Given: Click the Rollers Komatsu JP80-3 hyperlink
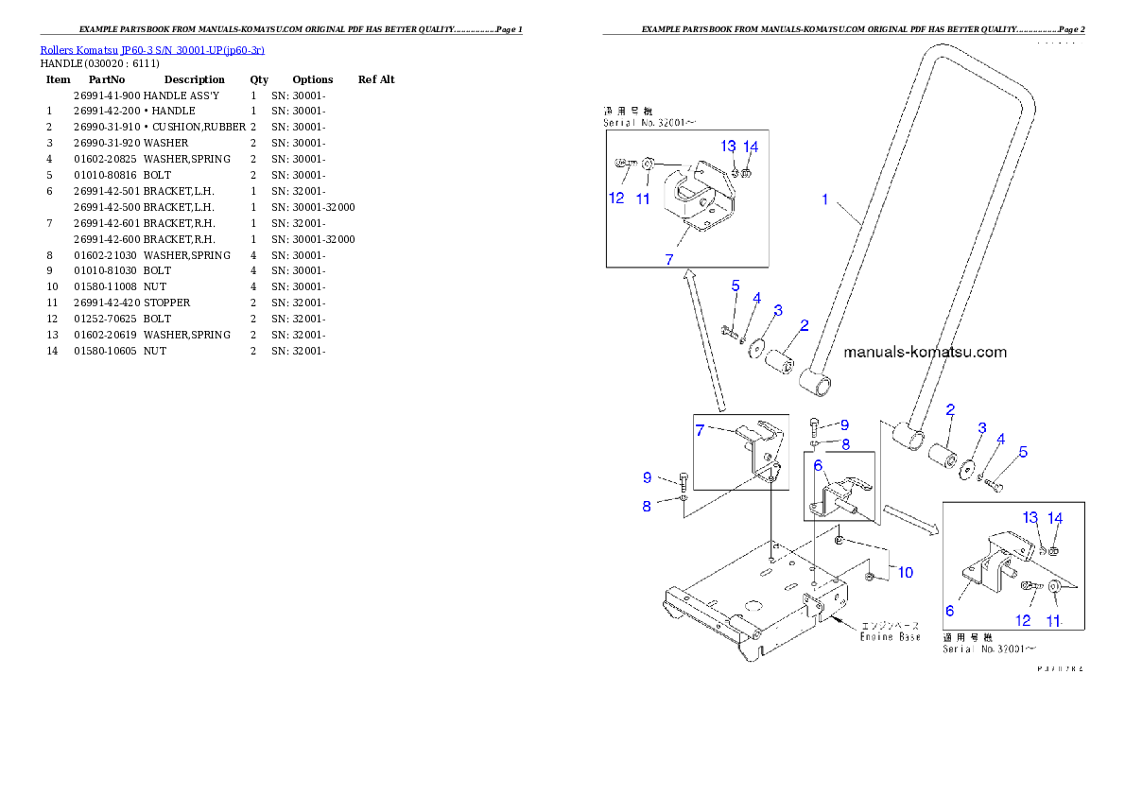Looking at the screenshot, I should click(x=151, y=49).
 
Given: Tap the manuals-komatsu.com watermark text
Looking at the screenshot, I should click(x=925, y=352).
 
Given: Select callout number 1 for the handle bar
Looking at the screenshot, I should click(x=824, y=199).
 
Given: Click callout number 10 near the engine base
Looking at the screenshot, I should click(x=905, y=572).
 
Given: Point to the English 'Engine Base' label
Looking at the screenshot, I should click(x=890, y=637).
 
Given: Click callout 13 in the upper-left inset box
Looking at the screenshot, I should click(x=728, y=147).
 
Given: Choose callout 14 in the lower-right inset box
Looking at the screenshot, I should click(x=1055, y=518).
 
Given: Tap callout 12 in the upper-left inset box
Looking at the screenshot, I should click(x=616, y=199).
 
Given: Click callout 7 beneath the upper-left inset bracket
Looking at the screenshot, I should click(x=669, y=259).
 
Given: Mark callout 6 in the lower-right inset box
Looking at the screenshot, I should click(x=950, y=611).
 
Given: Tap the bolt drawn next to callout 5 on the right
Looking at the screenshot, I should click(x=993, y=485).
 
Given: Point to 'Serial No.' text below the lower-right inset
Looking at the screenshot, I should click(x=988, y=649).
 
